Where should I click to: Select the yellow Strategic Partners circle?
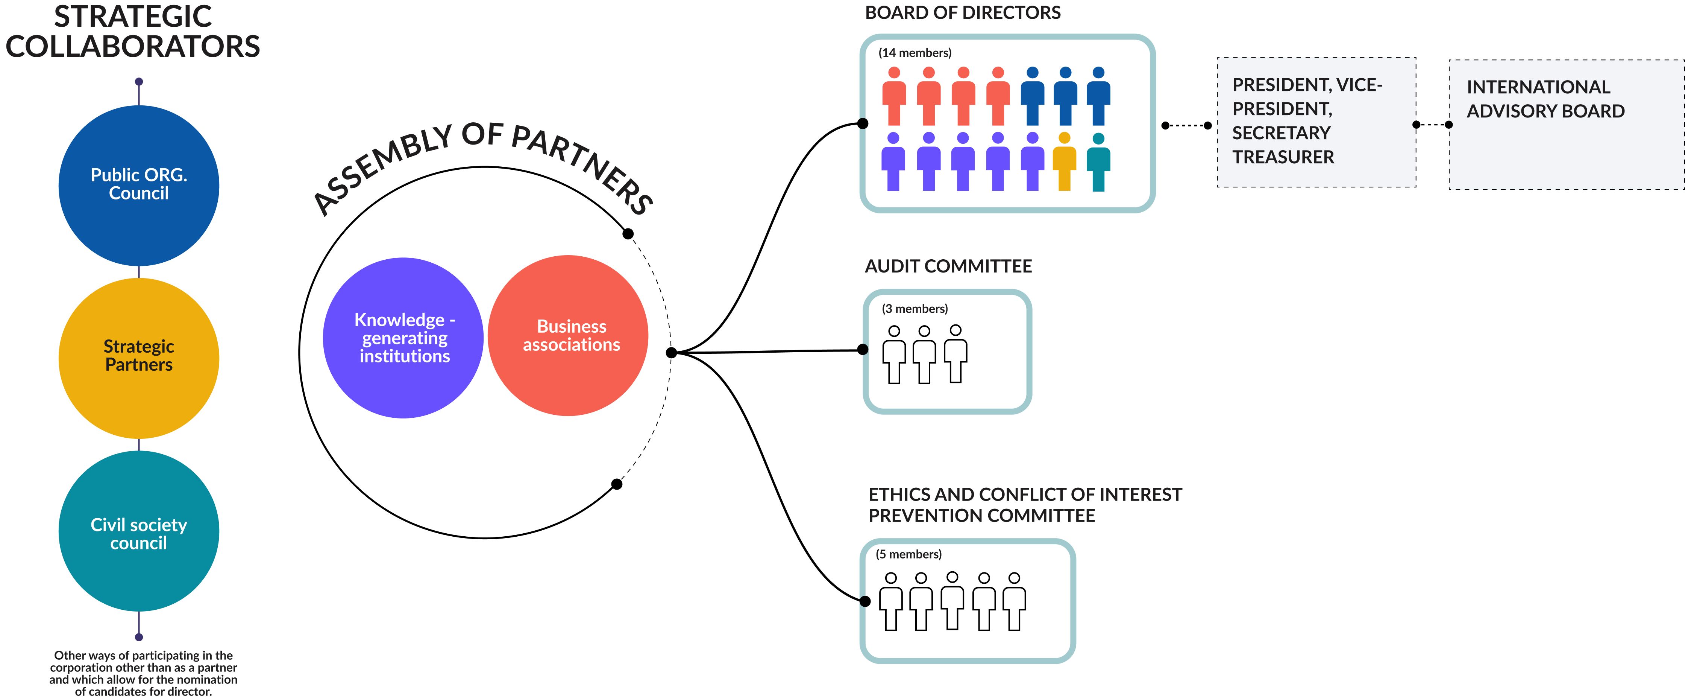pos(139,358)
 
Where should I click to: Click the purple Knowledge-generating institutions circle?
pos(403,338)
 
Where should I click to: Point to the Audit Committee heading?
pos(948,266)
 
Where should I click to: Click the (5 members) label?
pos(908,554)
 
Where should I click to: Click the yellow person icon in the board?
pos(1064,162)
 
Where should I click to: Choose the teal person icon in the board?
pos(1098,162)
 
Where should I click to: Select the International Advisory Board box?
pos(1566,124)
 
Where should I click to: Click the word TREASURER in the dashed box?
pos(1283,157)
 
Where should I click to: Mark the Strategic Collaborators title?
pos(133,31)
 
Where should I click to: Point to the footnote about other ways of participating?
pos(143,673)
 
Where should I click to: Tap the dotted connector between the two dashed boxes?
pos(1433,124)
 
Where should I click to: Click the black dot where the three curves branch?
pos(671,353)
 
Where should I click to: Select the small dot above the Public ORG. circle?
pos(139,82)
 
